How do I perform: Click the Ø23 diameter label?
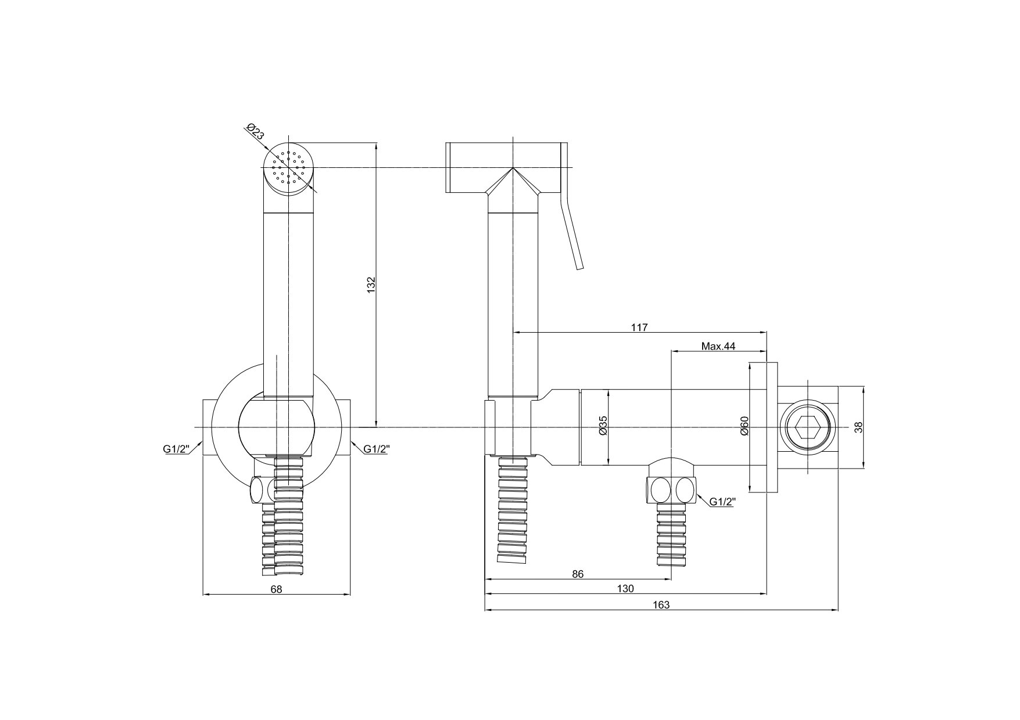point(256,132)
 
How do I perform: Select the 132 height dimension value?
point(372,285)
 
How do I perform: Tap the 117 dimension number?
point(639,327)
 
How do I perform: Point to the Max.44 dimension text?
point(718,346)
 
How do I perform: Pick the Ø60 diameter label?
point(745,426)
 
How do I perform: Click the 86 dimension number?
point(577,574)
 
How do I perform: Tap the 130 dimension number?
point(625,589)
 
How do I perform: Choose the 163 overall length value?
point(661,605)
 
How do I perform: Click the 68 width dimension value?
point(276,589)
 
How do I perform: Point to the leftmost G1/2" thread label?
point(177,449)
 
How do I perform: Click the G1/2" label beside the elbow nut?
point(721,502)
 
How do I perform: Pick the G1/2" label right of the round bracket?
point(377,449)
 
